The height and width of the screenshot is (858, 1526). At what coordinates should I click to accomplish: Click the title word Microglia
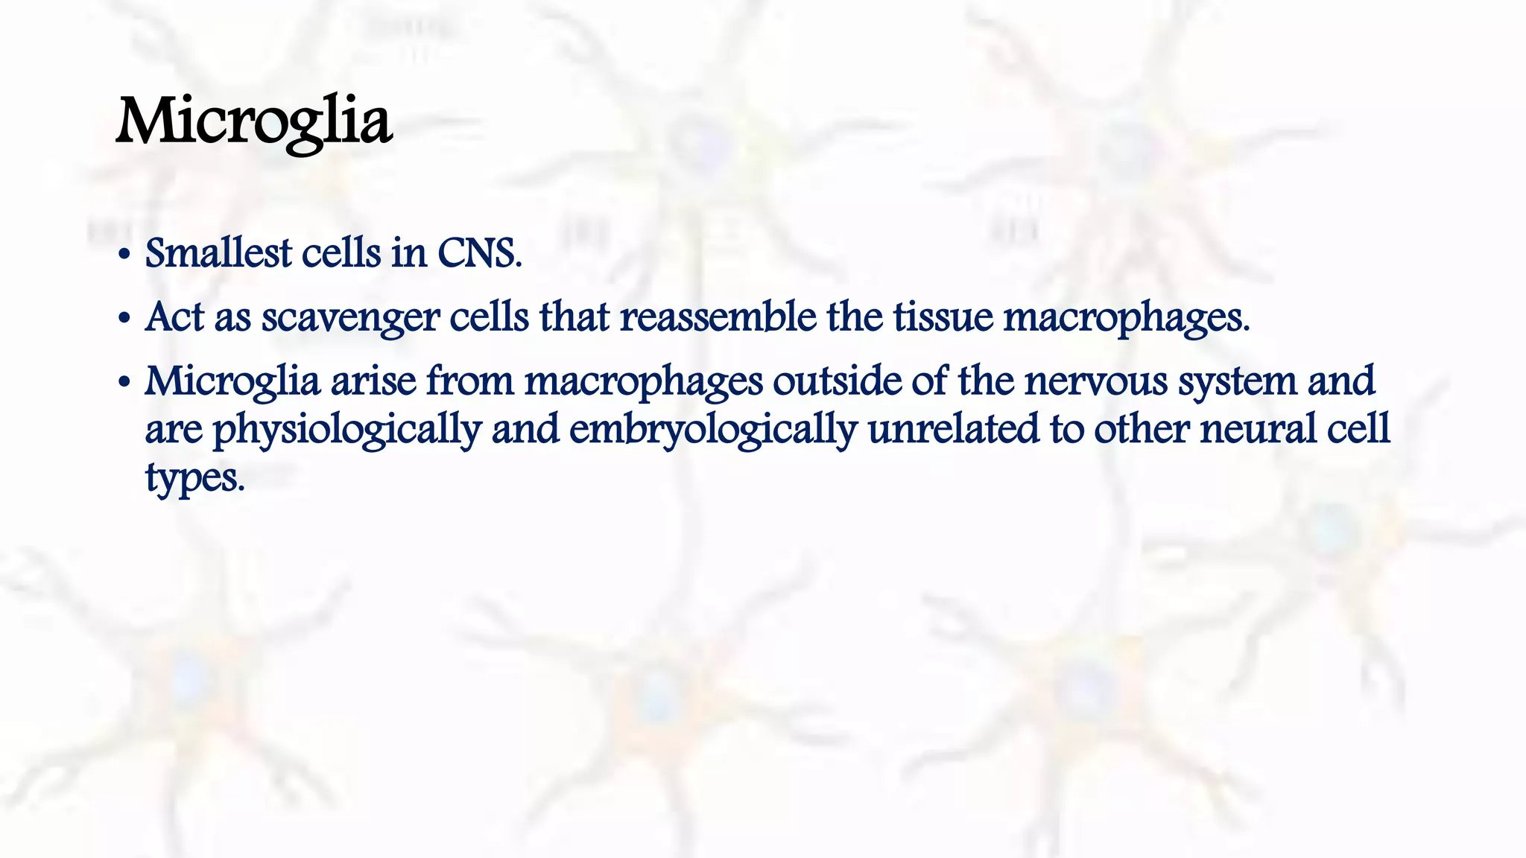254,123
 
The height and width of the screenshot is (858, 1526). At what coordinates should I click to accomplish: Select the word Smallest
218,253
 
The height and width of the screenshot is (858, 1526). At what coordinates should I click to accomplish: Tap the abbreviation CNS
479,253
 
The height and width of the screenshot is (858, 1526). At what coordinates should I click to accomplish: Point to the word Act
175,317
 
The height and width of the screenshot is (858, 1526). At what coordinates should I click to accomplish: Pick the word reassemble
718,317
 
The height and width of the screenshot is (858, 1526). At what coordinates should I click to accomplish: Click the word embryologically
712,430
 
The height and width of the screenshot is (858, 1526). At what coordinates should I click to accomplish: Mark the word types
194,478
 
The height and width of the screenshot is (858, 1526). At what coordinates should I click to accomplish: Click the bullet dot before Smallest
124,255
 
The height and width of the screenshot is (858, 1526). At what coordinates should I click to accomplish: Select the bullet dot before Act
124,319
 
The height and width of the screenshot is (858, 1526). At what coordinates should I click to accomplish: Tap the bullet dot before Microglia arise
124,383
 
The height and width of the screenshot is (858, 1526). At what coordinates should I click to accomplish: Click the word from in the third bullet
470,381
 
